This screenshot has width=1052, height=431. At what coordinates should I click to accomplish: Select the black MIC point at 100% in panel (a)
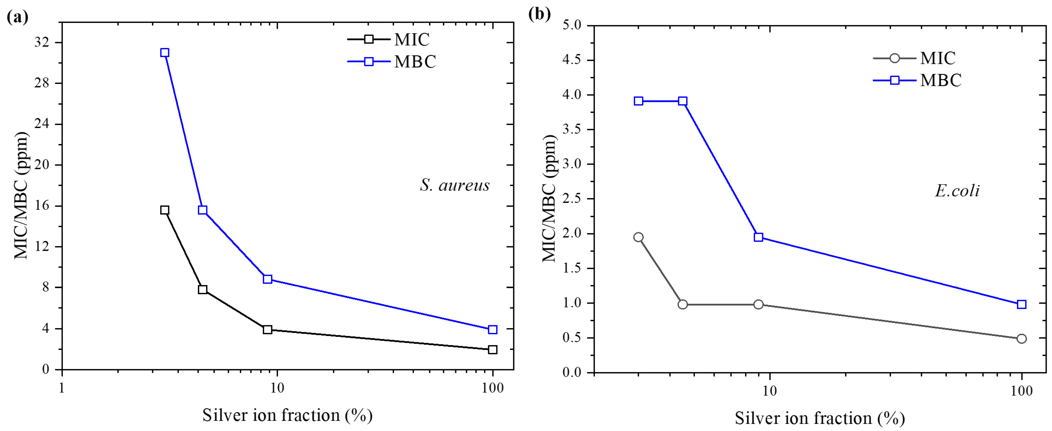pyautogui.click(x=492, y=349)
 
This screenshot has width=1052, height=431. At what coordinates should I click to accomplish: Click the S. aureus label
pyautogui.click(x=455, y=185)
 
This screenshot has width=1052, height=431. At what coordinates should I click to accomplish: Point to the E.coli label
pyautogui.click(x=957, y=191)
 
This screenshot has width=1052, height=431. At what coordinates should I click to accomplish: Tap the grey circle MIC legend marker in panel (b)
pyautogui.click(x=894, y=58)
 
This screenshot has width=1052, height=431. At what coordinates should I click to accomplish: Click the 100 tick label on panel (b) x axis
pyautogui.click(x=1022, y=391)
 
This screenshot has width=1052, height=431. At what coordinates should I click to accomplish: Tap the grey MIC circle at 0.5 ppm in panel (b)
pyautogui.click(x=1021, y=339)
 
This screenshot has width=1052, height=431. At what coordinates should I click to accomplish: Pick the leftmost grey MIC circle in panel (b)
pyautogui.click(x=638, y=237)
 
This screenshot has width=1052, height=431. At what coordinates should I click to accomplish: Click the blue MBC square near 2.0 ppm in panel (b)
pyautogui.click(x=758, y=237)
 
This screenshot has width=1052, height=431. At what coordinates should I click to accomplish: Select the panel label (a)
pyautogui.click(x=18, y=17)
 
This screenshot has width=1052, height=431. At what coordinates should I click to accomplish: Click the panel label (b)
pyautogui.click(x=539, y=14)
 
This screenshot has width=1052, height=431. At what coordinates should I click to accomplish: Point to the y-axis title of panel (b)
pyautogui.click(x=549, y=198)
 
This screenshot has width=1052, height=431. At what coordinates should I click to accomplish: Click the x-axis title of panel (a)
pyautogui.click(x=287, y=416)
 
